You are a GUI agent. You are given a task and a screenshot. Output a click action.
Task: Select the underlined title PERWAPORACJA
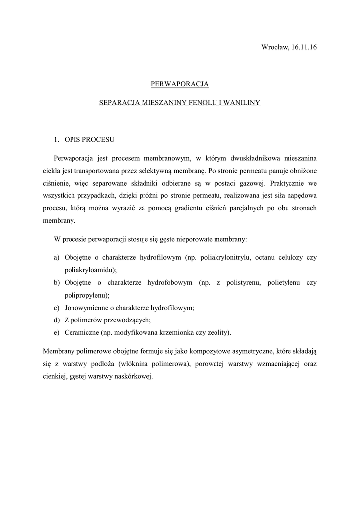(x=180, y=84)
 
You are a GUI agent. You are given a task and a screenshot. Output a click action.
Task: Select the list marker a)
(x=57, y=258)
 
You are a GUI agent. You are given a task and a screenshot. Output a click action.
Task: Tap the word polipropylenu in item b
(x=86, y=295)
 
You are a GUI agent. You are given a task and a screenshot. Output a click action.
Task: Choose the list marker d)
(x=57, y=320)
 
